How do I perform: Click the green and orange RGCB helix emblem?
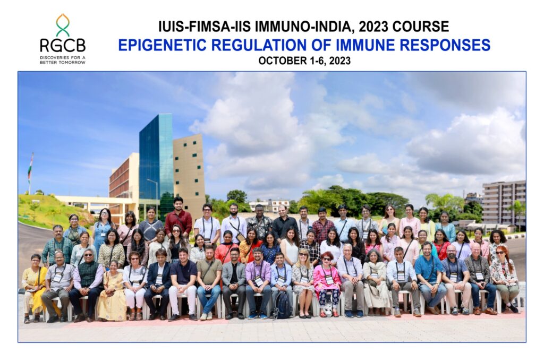63,25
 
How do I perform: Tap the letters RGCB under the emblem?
63,46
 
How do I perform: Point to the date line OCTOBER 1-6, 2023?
304,61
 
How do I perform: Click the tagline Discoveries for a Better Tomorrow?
63,59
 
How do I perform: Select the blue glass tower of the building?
156,163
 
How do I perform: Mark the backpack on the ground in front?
283,305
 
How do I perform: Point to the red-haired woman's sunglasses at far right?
500,253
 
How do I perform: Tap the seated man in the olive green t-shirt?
209,282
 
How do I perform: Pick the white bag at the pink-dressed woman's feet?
328,309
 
